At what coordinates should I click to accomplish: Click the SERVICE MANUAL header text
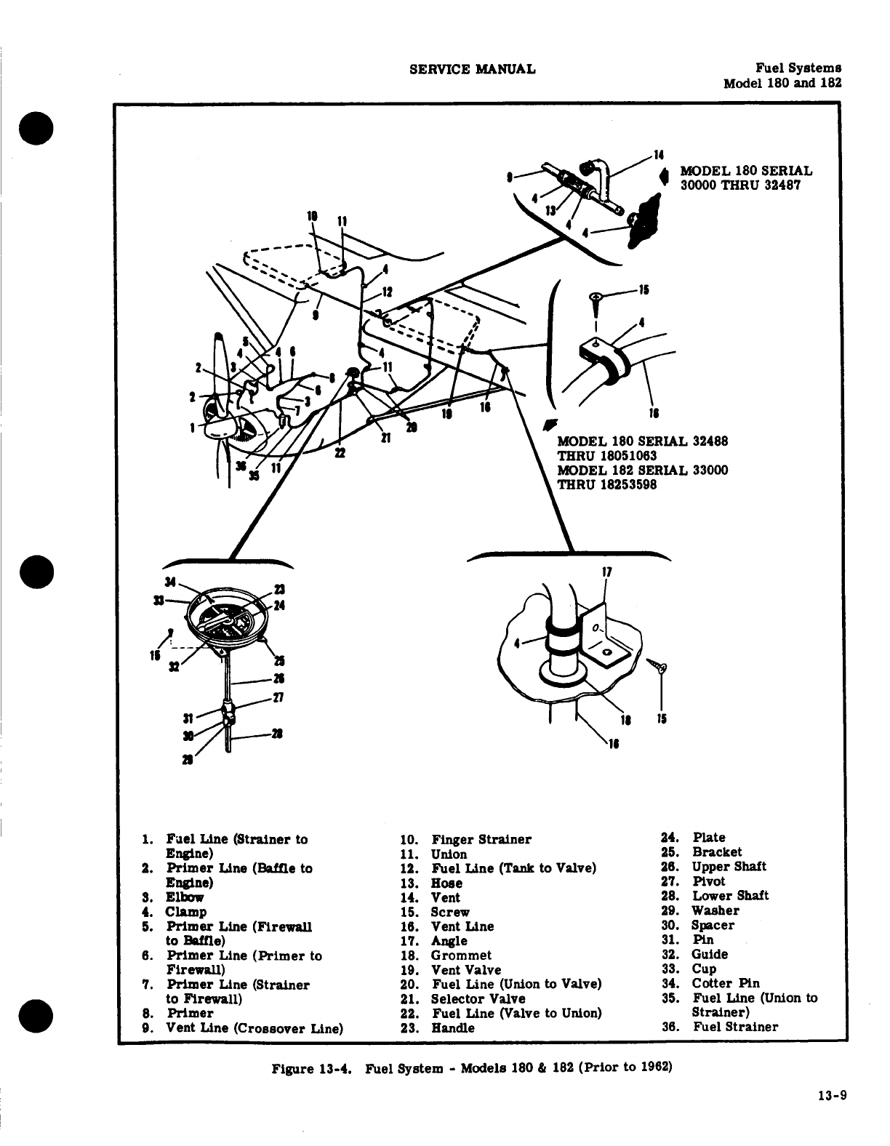click(473, 69)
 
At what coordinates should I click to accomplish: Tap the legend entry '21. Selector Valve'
click(463, 998)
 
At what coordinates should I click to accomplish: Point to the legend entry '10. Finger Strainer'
click(466, 839)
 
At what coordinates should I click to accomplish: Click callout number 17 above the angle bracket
click(607, 572)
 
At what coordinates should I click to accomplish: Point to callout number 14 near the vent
click(659, 155)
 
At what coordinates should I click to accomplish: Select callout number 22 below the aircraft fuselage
click(339, 453)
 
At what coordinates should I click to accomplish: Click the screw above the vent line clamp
click(596, 300)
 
